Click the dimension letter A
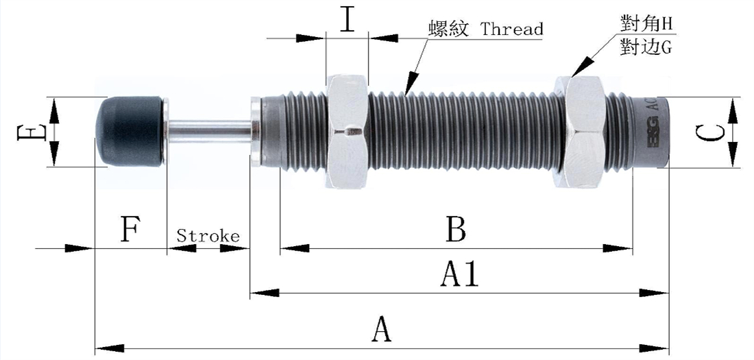tap(381, 331)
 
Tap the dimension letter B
tap(456, 229)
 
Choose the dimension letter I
tap(348, 21)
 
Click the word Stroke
tap(208, 237)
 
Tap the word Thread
tap(511, 29)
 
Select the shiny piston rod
tap(209, 130)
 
